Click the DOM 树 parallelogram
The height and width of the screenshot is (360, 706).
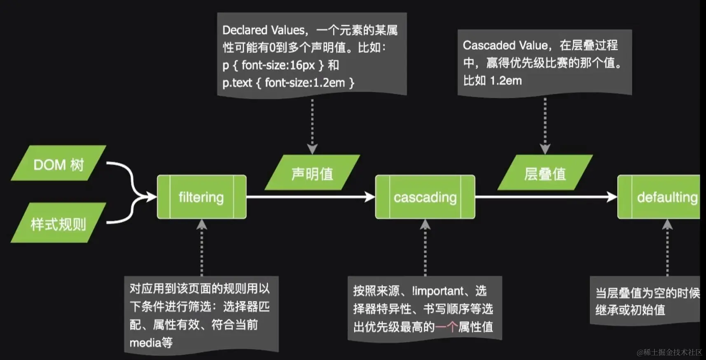58,164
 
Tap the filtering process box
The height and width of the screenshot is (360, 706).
201,197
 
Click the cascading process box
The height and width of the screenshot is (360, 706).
425,197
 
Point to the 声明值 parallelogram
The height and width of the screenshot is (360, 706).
312,173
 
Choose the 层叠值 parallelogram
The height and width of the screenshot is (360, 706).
545,173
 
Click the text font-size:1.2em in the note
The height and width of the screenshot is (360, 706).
305,83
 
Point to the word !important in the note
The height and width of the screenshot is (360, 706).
437,291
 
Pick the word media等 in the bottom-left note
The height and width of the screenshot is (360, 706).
151,343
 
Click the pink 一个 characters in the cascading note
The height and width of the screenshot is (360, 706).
447,327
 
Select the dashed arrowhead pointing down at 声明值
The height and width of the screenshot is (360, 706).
312,149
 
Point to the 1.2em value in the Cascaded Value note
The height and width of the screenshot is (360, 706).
506,81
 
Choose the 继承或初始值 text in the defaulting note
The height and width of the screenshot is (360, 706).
630,310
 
